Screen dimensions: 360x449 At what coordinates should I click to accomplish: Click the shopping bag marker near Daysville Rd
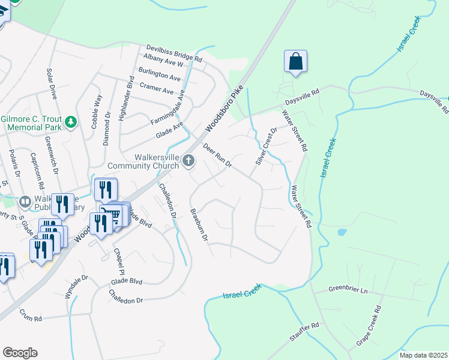click(x=295, y=62)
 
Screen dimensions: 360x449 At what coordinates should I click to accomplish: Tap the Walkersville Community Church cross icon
click(x=189, y=160)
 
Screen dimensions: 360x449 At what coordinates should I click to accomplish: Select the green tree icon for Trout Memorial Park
click(x=71, y=122)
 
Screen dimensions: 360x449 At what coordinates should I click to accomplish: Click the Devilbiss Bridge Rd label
click(x=173, y=53)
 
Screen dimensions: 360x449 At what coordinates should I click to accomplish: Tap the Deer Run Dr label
click(x=217, y=155)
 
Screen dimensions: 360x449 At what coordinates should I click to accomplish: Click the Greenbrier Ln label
click(x=347, y=289)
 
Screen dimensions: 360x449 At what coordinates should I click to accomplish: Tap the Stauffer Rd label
click(x=304, y=331)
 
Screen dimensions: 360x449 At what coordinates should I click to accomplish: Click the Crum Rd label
click(x=30, y=311)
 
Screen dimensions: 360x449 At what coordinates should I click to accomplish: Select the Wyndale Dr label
click(x=76, y=287)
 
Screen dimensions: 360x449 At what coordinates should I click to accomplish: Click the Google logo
click(x=20, y=353)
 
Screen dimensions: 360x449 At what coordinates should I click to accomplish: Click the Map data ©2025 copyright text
click(x=423, y=355)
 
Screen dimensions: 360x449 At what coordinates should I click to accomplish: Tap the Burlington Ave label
click(x=159, y=78)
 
